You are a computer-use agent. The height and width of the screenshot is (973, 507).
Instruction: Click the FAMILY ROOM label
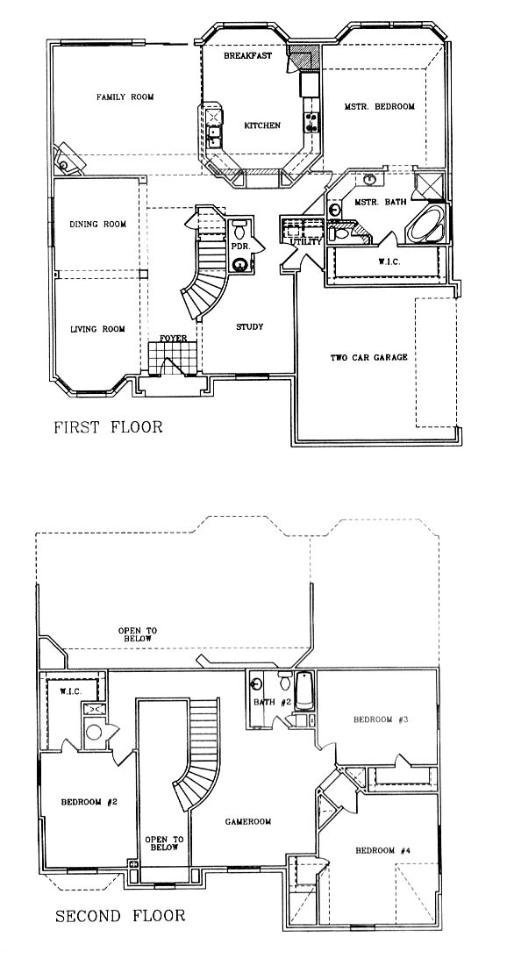(x=125, y=97)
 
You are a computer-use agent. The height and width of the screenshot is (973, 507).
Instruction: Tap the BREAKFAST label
(x=247, y=56)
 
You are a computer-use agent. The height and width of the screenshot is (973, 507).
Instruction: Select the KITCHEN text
(x=262, y=125)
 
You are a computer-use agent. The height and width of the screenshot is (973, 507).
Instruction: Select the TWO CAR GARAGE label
(x=368, y=357)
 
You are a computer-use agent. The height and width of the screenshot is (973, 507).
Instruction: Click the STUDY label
(x=249, y=327)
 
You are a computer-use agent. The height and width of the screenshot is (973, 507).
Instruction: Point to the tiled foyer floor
(x=172, y=359)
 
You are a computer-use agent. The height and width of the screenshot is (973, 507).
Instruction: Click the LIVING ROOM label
(x=97, y=329)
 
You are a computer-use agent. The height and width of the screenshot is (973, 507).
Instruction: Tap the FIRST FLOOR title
(x=108, y=427)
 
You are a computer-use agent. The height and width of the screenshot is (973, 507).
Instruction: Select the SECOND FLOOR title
(x=120, y=915)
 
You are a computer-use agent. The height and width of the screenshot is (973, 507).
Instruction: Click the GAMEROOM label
(x=247, y=821)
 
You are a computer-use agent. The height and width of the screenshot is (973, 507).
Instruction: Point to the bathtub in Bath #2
(x=304, y=690)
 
